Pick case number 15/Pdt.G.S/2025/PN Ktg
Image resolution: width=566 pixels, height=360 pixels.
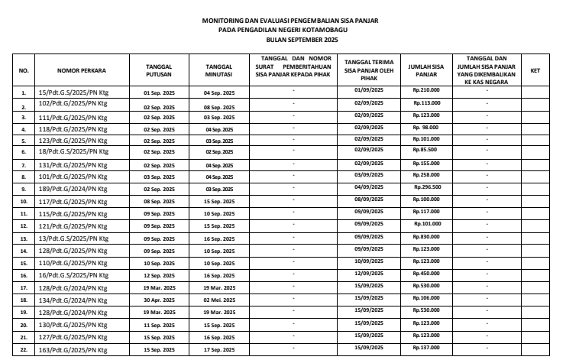(70, 92)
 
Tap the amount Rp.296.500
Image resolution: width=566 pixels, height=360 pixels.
(426, 186)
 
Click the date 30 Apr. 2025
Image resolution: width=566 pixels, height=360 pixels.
(159, 301)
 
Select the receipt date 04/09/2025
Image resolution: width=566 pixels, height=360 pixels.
(369, 186)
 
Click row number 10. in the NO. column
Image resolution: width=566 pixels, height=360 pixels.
(24, 202)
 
